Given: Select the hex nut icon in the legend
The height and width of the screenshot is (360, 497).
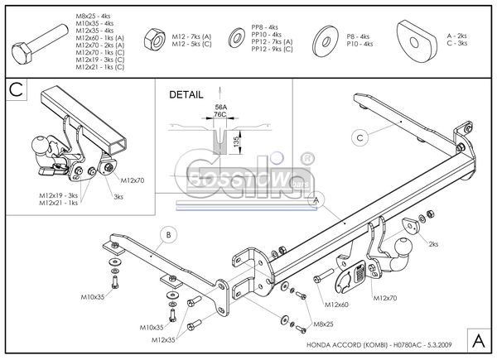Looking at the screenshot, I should tap(153, 37).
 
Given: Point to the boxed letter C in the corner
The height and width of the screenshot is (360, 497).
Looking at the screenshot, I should tap(16, 89).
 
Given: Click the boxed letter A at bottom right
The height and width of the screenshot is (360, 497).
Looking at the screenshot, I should tap(479, 338).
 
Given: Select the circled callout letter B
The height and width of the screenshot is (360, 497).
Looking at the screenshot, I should tap(167, 236).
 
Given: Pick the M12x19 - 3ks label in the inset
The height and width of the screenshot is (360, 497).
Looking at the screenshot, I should tap(57, 195).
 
